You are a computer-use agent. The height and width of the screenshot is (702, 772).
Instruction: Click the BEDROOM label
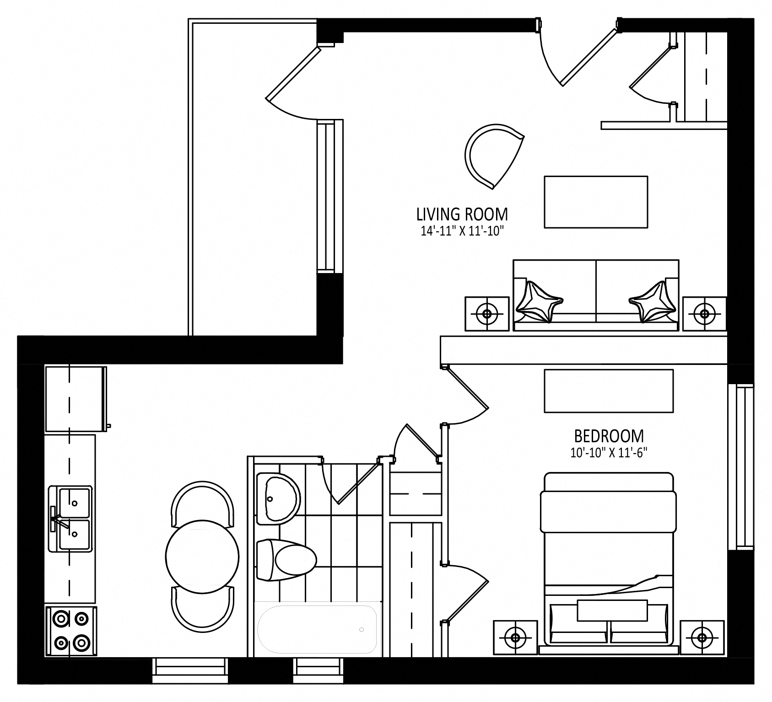point(609,435)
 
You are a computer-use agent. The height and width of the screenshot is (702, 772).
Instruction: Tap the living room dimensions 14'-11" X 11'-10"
point(462,231)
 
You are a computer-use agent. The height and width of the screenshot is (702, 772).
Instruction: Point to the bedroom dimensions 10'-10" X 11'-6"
point(609,453)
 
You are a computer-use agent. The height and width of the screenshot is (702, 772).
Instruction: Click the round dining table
point(202,556)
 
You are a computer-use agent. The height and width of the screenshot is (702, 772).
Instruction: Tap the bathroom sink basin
point(278,498)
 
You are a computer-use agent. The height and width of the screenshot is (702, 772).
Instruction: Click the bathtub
point(317,629)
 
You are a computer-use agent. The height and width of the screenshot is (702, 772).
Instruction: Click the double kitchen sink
point(71,518)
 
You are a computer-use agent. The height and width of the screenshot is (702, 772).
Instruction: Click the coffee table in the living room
point(596,202)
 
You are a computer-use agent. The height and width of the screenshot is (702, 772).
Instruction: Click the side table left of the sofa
point(487,314)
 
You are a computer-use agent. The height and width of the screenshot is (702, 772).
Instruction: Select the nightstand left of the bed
point(516,638)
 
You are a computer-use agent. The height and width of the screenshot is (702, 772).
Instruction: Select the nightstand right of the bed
point(702,638)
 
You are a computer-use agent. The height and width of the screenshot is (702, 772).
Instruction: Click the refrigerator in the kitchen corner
point(76,399)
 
